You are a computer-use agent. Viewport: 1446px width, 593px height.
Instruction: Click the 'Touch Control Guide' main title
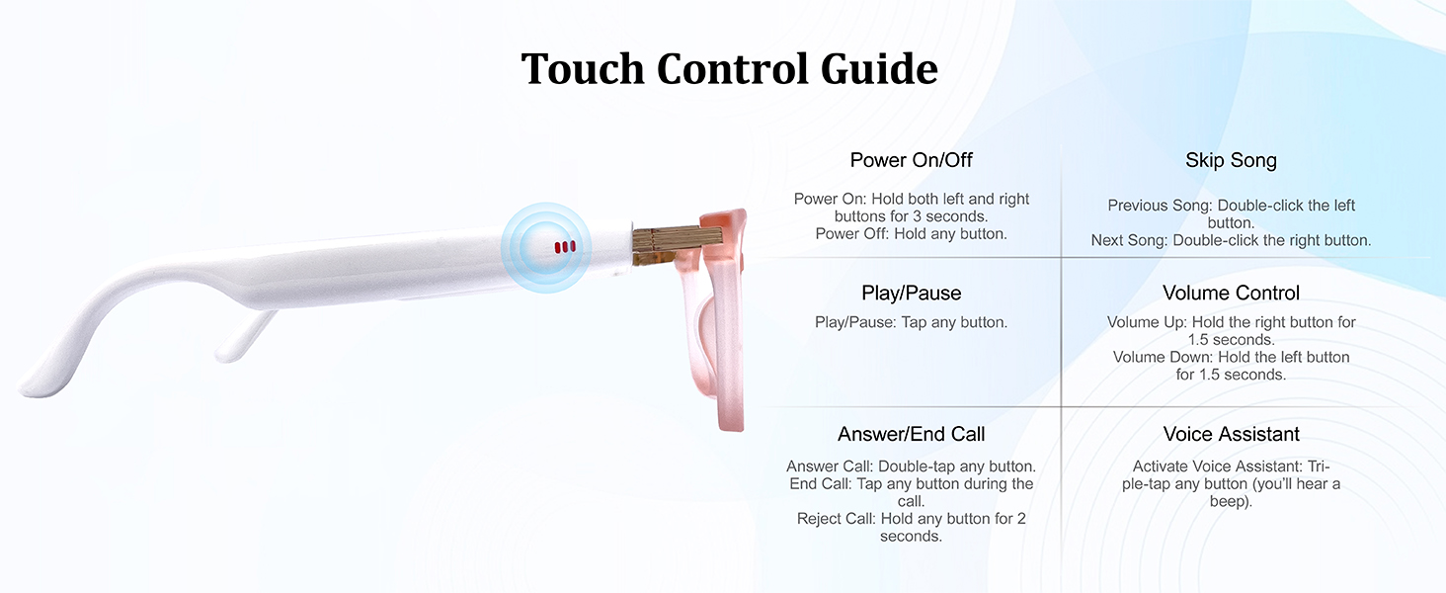coord(729,69)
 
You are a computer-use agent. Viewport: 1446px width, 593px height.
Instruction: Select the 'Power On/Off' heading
coord(911,160)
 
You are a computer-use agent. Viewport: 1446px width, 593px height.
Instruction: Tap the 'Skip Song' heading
coord(1231,160)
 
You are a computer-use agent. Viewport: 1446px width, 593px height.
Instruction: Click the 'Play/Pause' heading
coord(911,294)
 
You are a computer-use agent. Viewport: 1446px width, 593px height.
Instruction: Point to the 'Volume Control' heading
coord(1231,294)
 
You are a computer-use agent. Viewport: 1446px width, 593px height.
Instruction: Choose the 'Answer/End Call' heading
coord(911,434)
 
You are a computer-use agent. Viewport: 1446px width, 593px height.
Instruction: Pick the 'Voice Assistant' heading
coord(1231,434)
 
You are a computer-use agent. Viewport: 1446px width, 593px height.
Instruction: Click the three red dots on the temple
coord(565,247)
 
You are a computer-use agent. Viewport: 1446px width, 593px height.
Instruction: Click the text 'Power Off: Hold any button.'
coord(911,234)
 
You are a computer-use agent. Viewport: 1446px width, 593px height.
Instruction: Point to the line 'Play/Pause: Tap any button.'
coord(911,322)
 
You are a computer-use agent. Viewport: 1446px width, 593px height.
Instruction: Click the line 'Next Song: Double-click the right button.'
coord(1231,240)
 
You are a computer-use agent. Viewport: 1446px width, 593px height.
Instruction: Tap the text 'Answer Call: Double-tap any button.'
coord(911,466)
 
